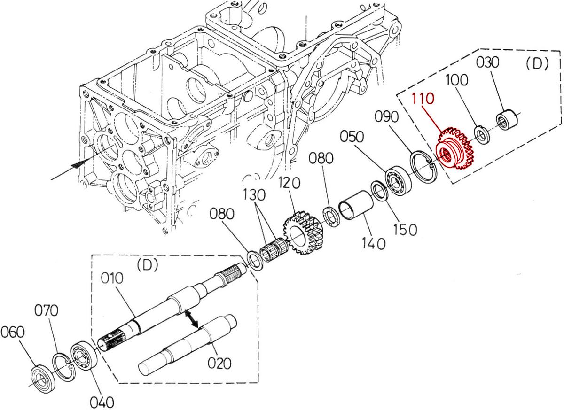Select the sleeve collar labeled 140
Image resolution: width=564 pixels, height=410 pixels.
coord(356,205)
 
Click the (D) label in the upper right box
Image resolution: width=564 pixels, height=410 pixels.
coord(537,64)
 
